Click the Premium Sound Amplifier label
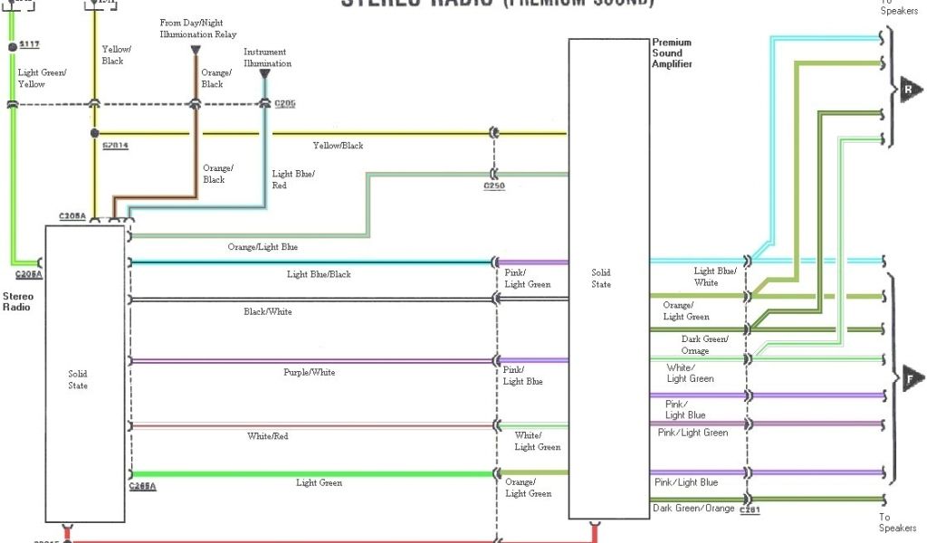pyautogui.click(x=673, y=53)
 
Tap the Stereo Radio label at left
pyautogui.click(x=17, y=301)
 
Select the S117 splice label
pyautogui.click(x=30, y=45)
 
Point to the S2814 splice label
pyautogui.click(x=115, y=145)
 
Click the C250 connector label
pyautogui.click(x=494, y=186)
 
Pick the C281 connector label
pyautogui.click(x=750, y=510)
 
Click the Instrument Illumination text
pyautogui.click(x=267, y=58)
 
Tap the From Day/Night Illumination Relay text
pyautogui.click(x=198, y=29)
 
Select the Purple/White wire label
pyautogui.click(x=310, y=372)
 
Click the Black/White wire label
pyautogui.click(x=267, y=312)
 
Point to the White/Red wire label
pyautogui.click(x=268, y=436)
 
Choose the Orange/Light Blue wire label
pyautogui.click(x=263, y=247)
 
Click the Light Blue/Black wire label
pyautogui.click(x=319, y=274)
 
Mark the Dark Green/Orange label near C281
pyautogui.click(x=693, y=509)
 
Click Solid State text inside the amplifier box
pyautogui.click(x=601, y=278)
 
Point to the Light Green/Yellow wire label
pyautogui.click(x=43, y=78)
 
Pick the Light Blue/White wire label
pyautogui.click(x=715, y=276)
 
